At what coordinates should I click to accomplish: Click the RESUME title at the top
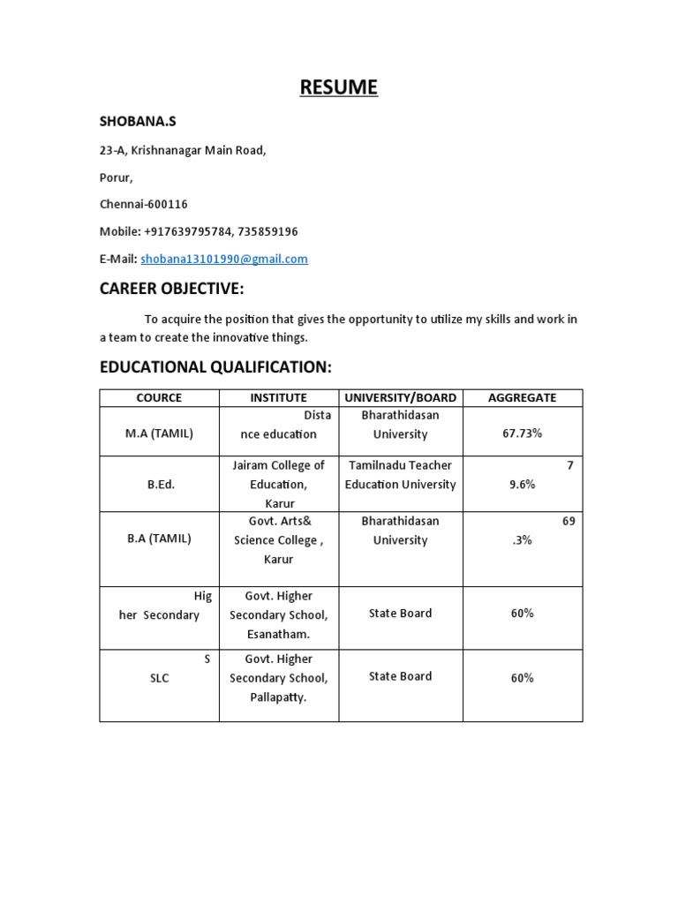tap(338, 87)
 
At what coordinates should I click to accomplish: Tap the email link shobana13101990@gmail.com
tap(224, 259)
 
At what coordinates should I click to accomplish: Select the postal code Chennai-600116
tap(143, 204)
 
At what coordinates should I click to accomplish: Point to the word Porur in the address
tap(116, 177)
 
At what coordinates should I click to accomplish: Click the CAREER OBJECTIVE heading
tap(171, 290)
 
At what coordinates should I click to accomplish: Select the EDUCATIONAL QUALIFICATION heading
tap(215, 366)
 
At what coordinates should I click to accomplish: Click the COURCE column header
tap(159, 398)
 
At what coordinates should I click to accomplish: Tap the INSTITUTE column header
tap(278, 398)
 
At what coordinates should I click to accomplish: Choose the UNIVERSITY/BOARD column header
tap(400, 398)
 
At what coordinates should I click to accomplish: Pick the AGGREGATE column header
tap(522, 398)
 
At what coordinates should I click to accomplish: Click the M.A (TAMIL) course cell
tap(159, 433)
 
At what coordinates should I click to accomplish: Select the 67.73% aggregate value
tap(522, 434)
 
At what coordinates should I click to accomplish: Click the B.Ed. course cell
tap(160, 485)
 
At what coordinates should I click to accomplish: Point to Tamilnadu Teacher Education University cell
tap(400, 475)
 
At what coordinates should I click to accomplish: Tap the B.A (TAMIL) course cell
tap(159, 539)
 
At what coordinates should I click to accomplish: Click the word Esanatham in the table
tap(279, 634)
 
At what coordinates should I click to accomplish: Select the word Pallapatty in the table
tap(279, 697)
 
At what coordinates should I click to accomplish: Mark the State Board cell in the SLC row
tap(400, 676)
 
